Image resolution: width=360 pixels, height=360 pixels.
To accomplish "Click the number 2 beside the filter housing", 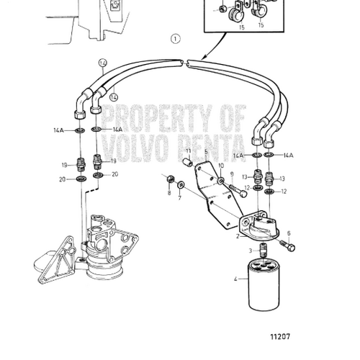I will (238, 235).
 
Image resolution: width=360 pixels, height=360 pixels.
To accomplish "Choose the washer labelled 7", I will (181, 186).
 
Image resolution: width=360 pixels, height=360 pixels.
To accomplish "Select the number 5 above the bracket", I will (204, 151).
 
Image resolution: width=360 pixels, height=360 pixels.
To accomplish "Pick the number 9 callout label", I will (232, 174).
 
